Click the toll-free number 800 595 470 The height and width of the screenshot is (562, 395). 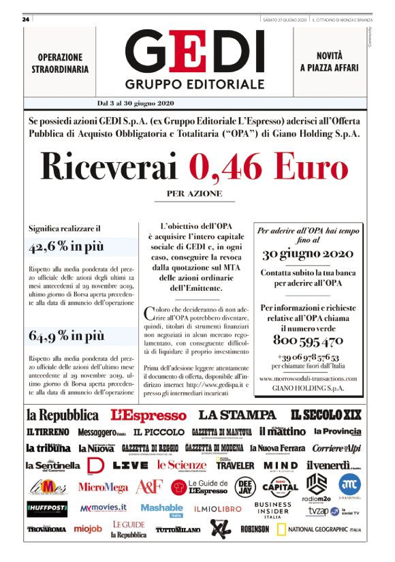pos(308,340)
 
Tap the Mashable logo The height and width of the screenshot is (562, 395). pos(161,508)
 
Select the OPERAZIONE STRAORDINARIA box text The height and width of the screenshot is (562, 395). pos(59,63)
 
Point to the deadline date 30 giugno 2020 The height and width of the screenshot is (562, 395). pos(308,254)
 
